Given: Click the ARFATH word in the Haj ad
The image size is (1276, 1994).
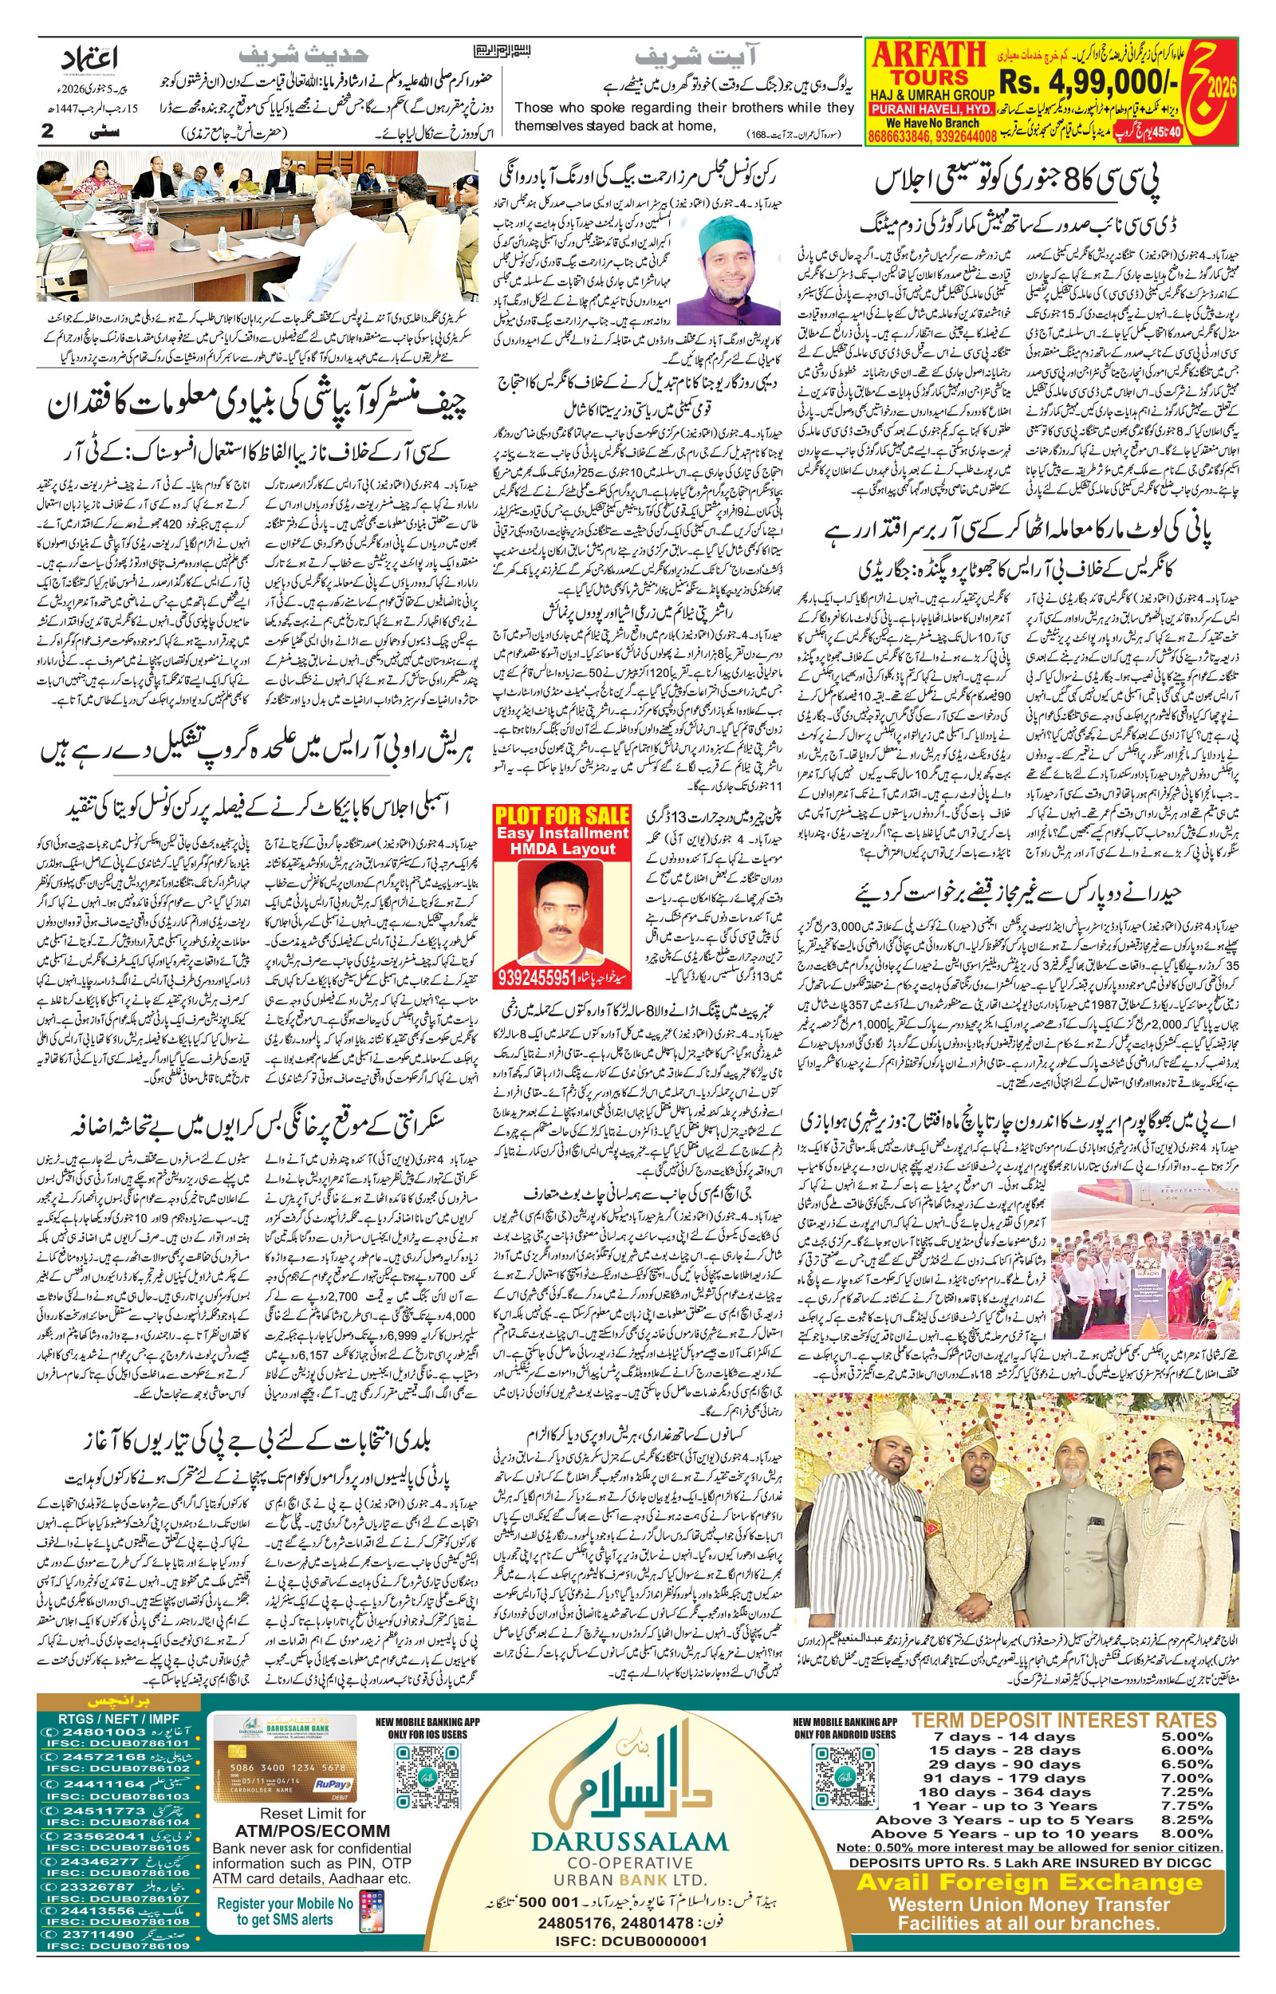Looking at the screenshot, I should [928, 57].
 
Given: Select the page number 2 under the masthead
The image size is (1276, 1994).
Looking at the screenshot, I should [47, 131].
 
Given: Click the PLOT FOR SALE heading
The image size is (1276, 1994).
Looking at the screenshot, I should [561, 814].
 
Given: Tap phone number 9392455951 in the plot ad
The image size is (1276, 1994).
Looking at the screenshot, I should [538, 979].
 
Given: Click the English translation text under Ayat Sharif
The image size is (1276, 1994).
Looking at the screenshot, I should [683, 116].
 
